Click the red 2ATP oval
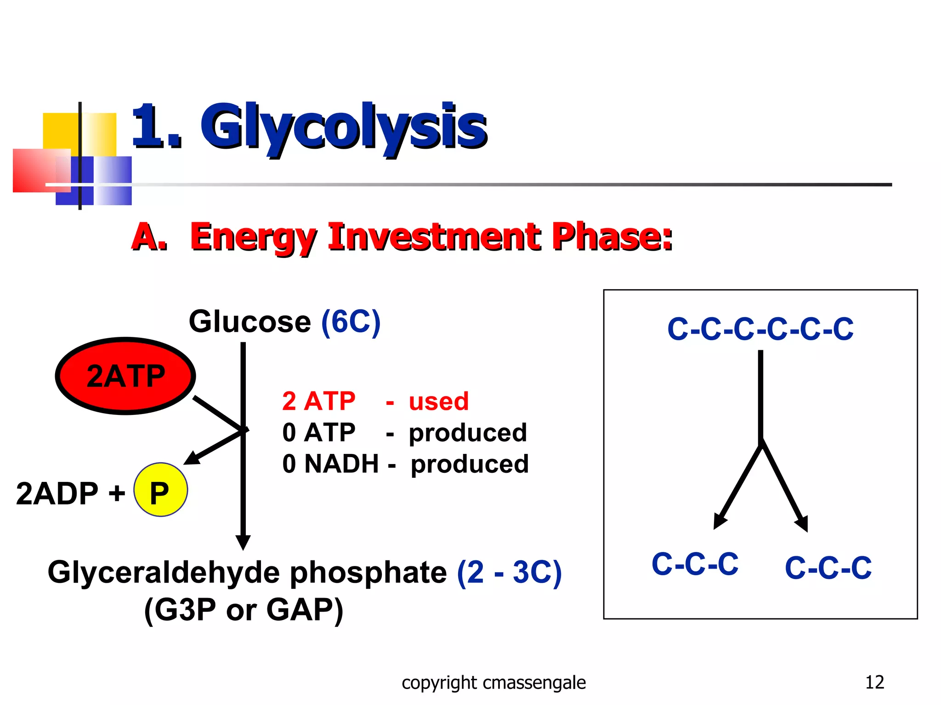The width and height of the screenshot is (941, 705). (125, 376)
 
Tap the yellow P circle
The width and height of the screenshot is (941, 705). (160, 490)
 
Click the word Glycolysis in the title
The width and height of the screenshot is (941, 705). (343, 126)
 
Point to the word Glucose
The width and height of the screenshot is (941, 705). (250, 321)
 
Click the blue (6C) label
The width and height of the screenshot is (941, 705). (351, 321)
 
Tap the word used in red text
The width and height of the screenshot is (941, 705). (439, 401)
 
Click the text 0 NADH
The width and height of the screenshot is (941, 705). (330, 464)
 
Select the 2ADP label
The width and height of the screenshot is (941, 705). (57, 493)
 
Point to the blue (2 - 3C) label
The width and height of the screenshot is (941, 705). (509, 572)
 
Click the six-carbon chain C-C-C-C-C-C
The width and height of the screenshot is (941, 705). (760, 329)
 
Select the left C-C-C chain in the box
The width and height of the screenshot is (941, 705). (695, 564)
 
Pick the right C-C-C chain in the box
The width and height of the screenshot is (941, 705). (828, 568)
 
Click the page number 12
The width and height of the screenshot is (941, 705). (874, 682)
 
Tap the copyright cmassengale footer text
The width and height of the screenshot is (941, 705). (493, 683)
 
